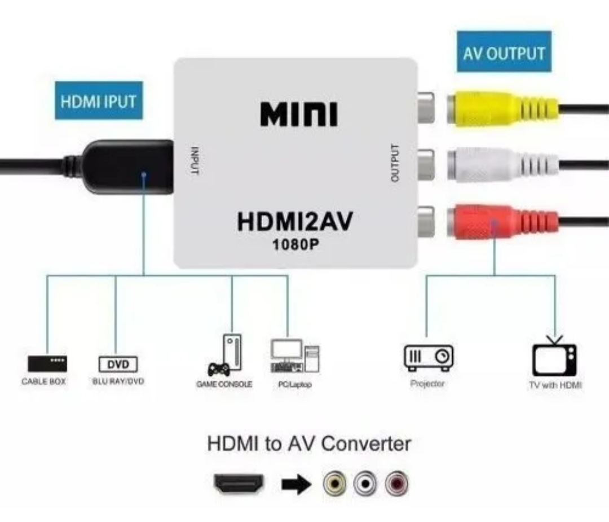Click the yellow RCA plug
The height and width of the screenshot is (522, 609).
[x=503, y=108]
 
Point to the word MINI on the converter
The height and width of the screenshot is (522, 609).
[x=299, y=114]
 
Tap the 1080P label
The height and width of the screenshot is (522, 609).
[x=295, y=244]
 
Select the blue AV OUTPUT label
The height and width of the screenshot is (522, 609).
[x=504, y=51]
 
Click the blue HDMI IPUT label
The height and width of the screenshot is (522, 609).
[x=99, y=100]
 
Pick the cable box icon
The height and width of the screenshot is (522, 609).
[x=47, y=364]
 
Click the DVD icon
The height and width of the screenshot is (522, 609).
[x=118, y=364]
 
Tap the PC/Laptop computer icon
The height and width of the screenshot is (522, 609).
[x=295, y=356]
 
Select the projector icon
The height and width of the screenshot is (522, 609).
[x=429, y=358]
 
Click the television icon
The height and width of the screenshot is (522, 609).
[x=554, y=356]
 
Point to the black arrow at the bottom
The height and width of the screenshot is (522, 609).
[x=297, y=484]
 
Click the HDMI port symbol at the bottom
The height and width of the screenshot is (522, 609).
[x=239, y=484]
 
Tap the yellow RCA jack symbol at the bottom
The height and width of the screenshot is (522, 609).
[x=334, y=483]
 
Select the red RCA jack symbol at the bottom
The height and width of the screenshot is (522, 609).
[x=396, y=483]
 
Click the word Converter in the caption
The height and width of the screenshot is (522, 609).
[x=367, y=444]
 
